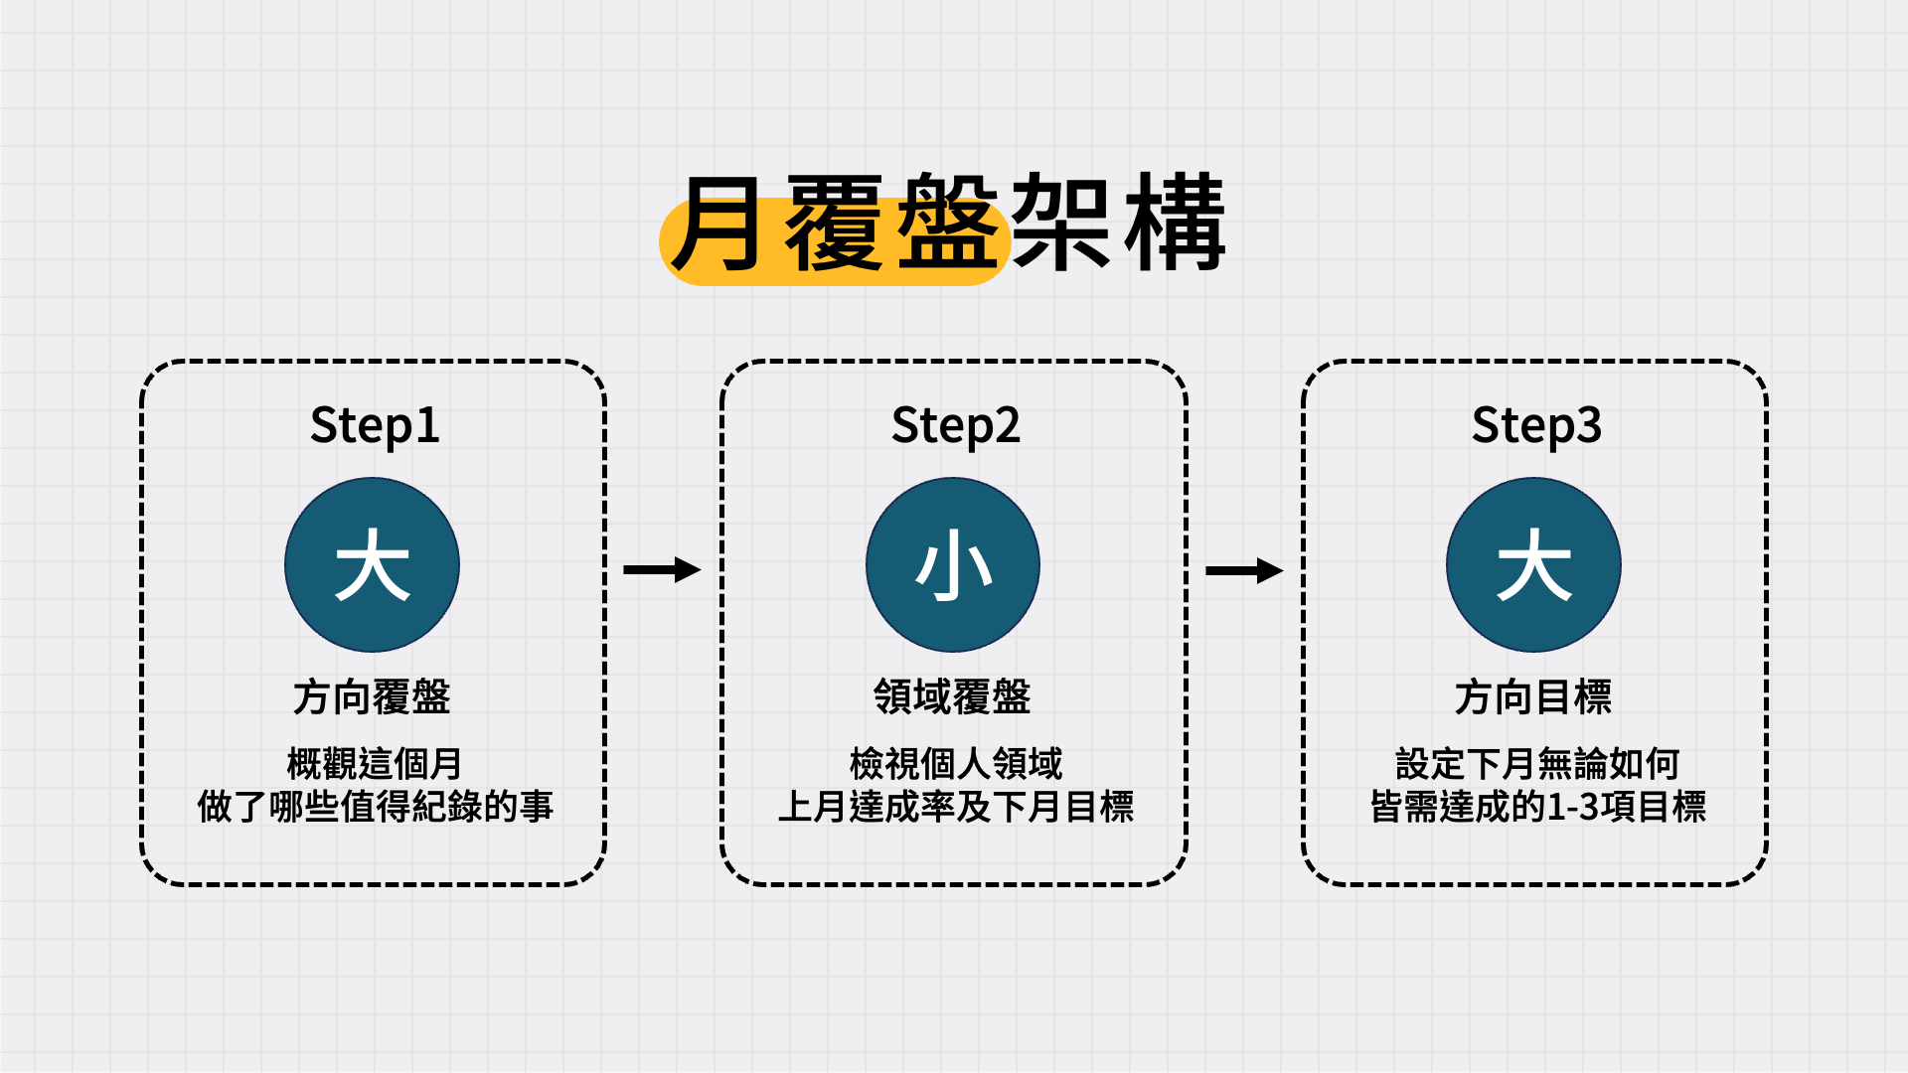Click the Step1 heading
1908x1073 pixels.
pyautogui.click(x=375, y=425)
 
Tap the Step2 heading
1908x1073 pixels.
pyautogui.click(x=955, y=425)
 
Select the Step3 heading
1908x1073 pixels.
pyautogui.click(x=1536, y=425)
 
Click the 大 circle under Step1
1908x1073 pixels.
pyautogui.click(x=373, y=565)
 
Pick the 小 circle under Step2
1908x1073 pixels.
pyautogui.click(x=953, y=565)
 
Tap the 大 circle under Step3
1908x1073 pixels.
pyautogui.click(x=1533, y=565)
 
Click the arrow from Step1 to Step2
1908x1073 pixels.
pyautogui.click(x=662, y=569)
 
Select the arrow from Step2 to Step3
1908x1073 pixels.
pyautogui.click(x=1243, y=570)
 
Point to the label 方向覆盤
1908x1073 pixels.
pyautogui.click(x=372, y=697)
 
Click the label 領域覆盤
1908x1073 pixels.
pyautogui.click(x=952, y=697)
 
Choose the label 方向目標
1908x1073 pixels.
pyautogui.click(x=1533, y=697)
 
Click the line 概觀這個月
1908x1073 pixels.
pyautogui.click(x=375, y=764)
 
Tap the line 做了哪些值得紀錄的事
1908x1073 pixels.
pyautogui.click(x=375, y=806)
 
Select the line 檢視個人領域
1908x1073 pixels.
pyautogui.click(x=955, y=764)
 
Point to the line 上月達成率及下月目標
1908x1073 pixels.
pyautogui.click(x=955, y=806)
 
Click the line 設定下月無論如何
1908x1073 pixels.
pyautogui.click(x=1537, y=764)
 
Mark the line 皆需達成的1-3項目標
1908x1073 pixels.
pyautogui.click(x=1537, y=806)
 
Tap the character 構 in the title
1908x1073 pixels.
pyautogui.click(x=1175, y=223)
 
